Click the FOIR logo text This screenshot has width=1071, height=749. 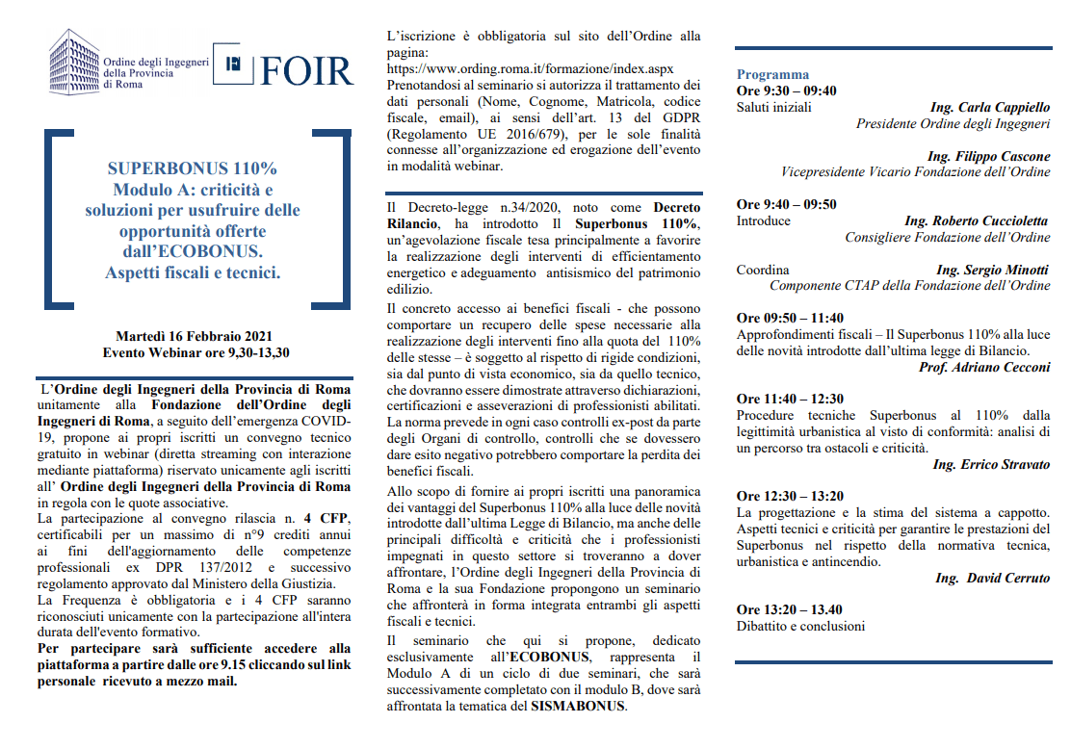click(x=306, y=70)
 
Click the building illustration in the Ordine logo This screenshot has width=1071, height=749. click(x=74, y=61)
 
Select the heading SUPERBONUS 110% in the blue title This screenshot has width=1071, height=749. click(x=193, y=168)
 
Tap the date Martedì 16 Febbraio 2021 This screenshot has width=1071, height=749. click(x=195, y=336)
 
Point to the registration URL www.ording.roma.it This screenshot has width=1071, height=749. click(x=529, y=70)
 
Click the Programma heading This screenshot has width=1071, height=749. click(x=772, y=74)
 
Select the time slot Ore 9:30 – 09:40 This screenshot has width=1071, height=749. click(x=786, y=90)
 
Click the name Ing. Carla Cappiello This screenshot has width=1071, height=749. click(x=990, y=107)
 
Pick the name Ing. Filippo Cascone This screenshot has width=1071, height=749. click(x=988, y=156)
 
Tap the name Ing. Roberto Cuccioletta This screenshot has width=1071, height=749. click(x=977, y=220)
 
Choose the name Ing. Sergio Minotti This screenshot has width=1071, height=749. click(x=992, y=270)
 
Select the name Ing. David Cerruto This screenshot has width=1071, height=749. click(x=992, y=578)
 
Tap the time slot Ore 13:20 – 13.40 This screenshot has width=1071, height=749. click(x=789, y=609)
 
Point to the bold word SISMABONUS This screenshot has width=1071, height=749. click(x=578, y=706)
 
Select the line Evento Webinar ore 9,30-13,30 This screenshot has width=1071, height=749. click(x=196, y=352)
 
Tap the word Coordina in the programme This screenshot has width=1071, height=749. click(x=763, y=270)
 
